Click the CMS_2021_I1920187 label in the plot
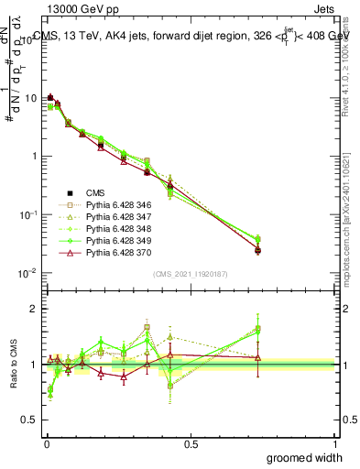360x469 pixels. point(190,273)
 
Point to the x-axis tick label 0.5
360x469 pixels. point(190,442)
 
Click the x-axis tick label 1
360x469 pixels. point(334,442)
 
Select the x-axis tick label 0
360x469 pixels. point(46,442)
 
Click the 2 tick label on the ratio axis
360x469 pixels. point(35,309)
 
